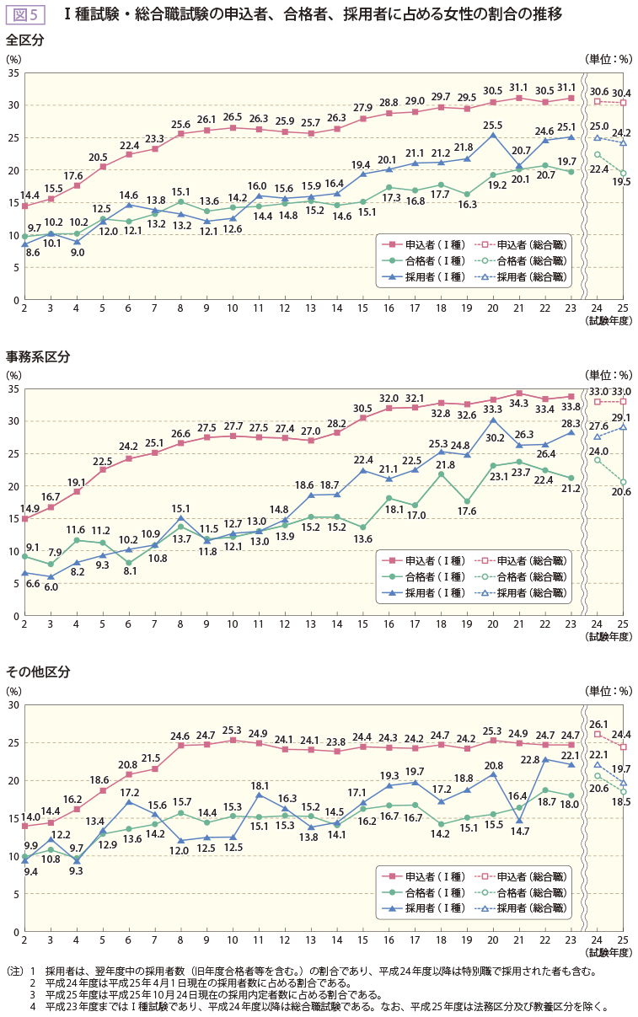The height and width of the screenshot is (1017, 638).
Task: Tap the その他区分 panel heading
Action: [x=37, y=672]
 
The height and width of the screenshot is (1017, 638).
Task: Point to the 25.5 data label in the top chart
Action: [x=493, y=125]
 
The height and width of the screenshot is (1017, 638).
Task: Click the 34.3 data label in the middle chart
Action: [x=519, y=404]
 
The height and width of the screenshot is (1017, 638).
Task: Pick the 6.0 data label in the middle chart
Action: [x=51, y=587]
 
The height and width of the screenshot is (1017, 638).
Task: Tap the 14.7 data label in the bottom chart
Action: [x=518, y=831]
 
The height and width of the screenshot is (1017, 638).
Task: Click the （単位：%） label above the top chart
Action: [x=607, y=59]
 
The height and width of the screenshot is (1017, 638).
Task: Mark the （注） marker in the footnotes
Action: [x=14, y=970]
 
